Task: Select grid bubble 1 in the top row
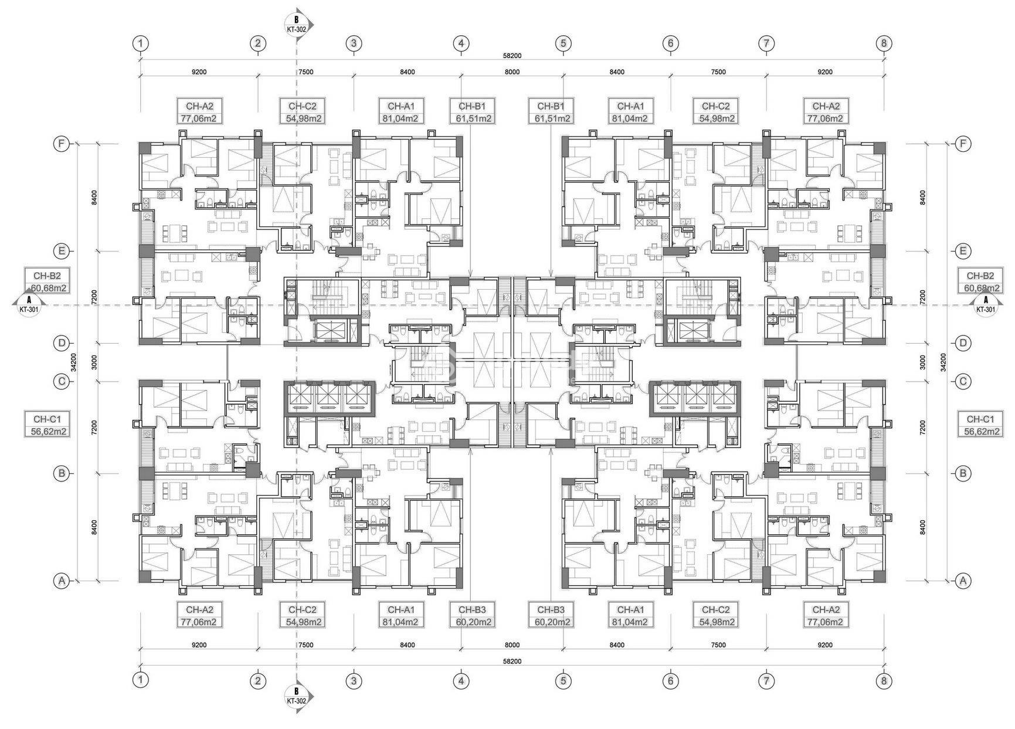click(140, 43)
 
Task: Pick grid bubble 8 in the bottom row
click(884, 681)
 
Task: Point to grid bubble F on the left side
click(62, 144)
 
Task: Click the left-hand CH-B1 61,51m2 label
click(472, 111)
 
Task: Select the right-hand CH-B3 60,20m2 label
click(551, 616)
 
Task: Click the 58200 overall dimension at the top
click(512, 56)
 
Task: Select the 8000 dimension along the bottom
click(512, 645)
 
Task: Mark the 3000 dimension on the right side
click(923, 362)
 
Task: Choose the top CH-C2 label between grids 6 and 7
click(715, 111)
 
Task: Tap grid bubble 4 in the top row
click(461, 43)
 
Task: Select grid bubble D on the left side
click(62, 343)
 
